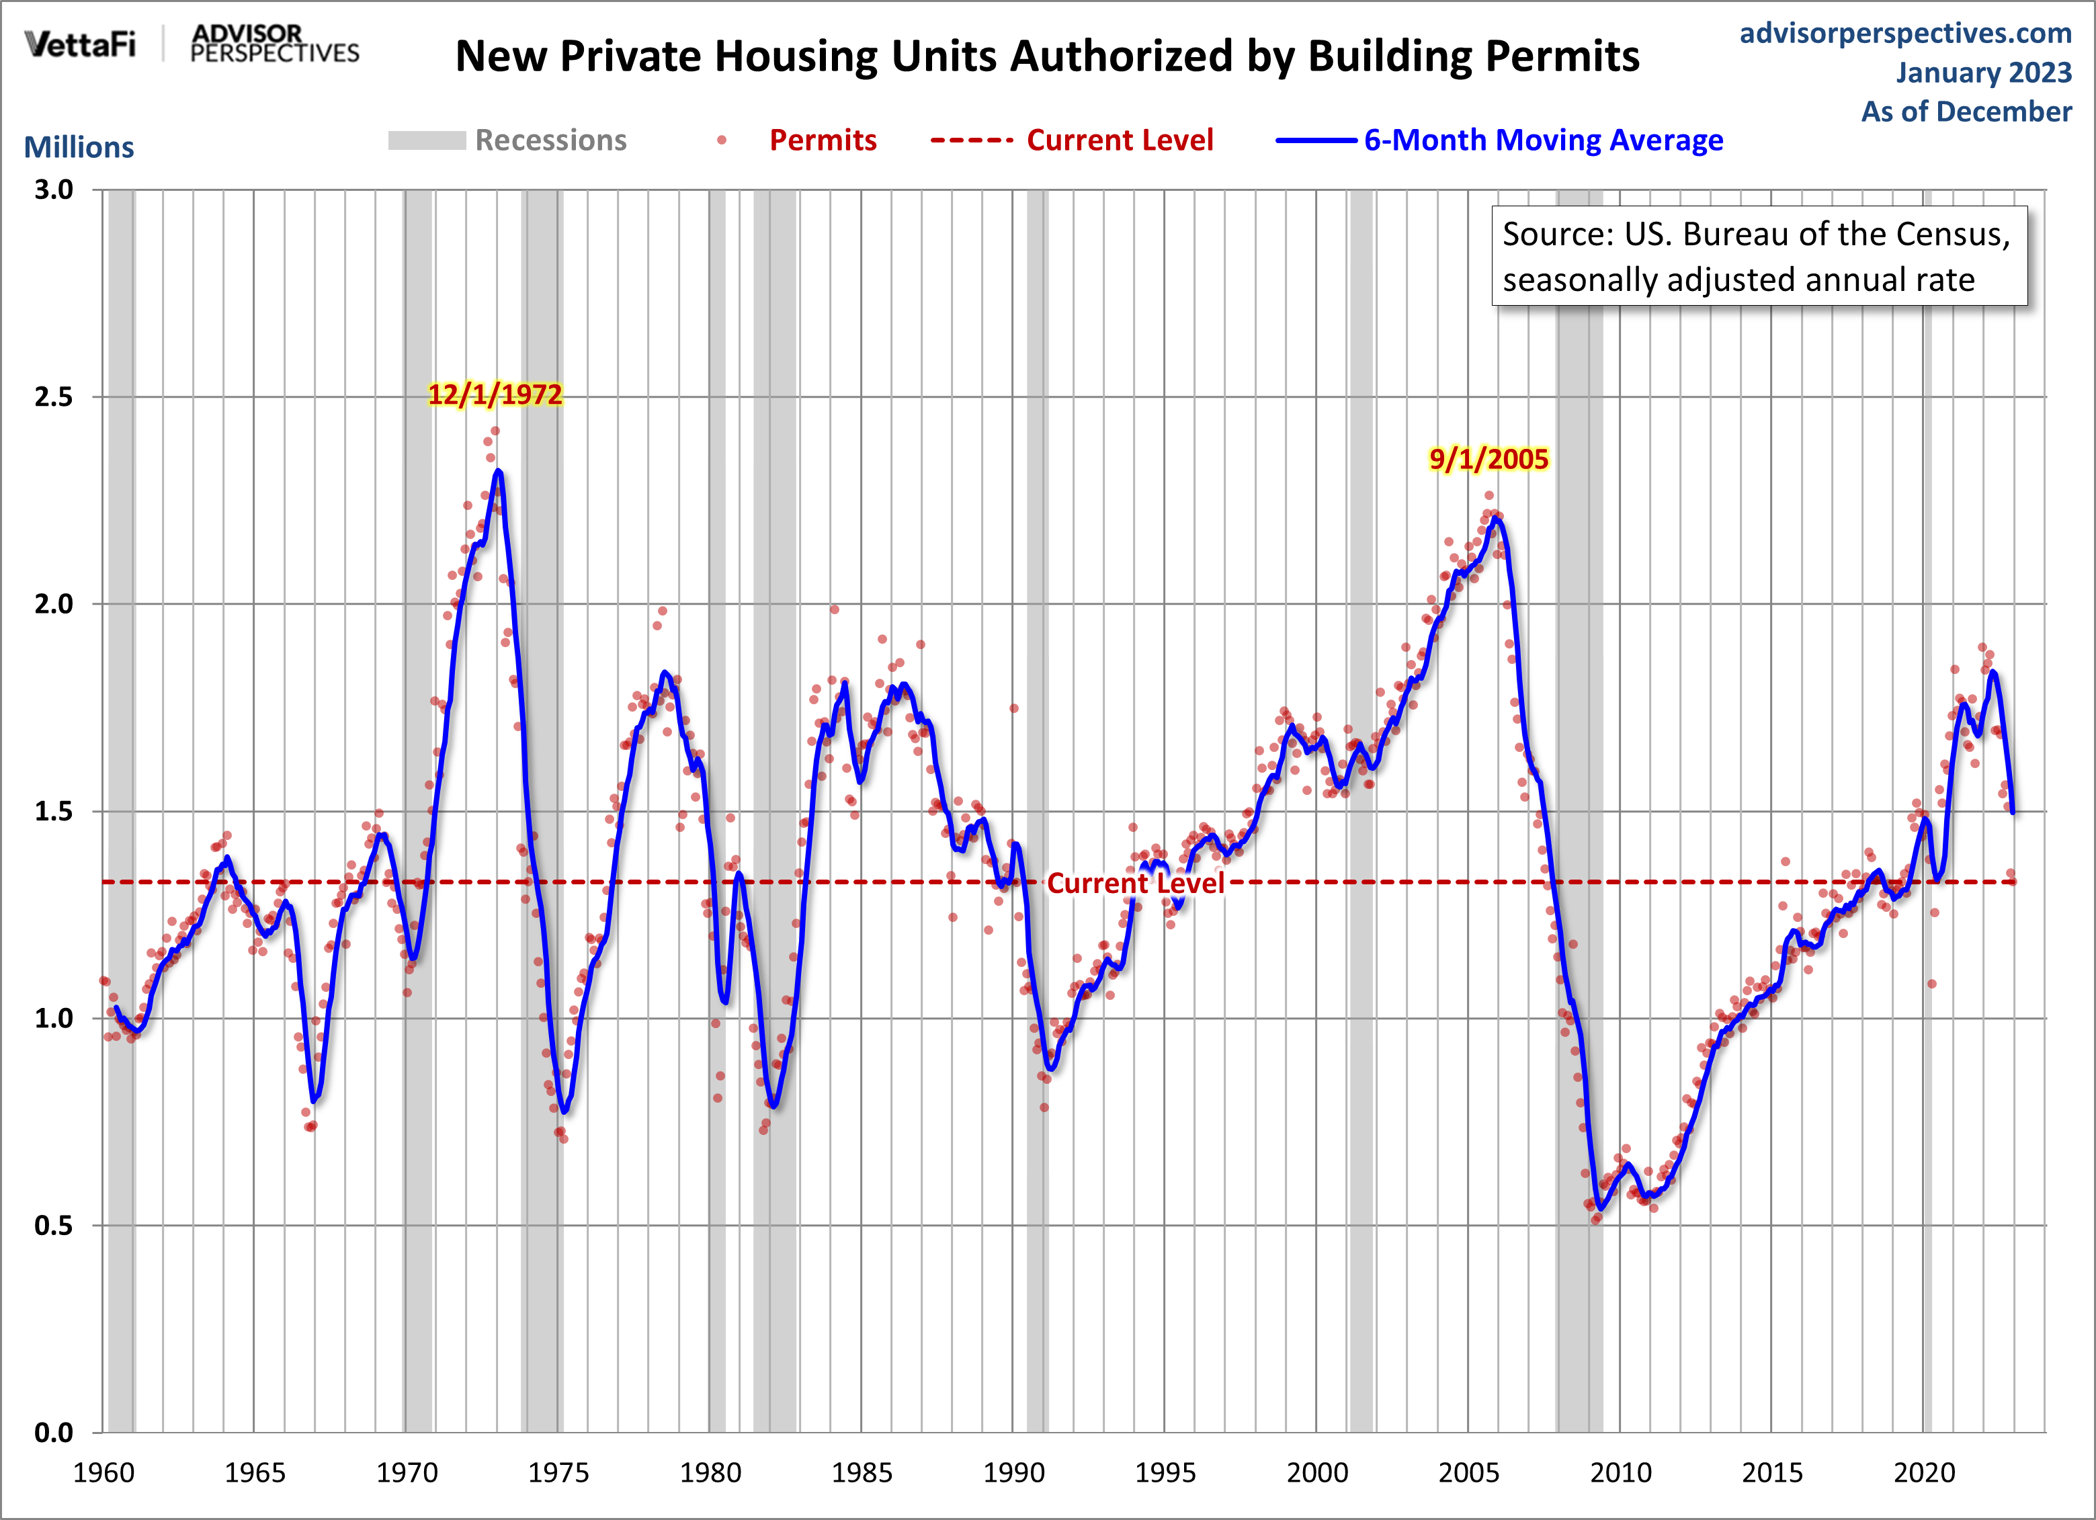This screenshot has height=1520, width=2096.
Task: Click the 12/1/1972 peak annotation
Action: click(495, 394)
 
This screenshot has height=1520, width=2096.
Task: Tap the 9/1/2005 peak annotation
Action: click(1488, 459)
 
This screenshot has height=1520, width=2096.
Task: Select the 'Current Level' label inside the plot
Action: click(1135, 884)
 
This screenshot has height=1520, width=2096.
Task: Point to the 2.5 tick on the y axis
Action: click(54, 397)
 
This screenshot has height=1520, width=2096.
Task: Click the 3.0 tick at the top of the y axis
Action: click(54, 190)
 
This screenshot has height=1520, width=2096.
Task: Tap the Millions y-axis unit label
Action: click(79, 147)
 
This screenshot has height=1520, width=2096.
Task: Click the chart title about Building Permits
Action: click(1047, 56)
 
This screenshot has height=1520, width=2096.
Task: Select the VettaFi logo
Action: click(81, 44)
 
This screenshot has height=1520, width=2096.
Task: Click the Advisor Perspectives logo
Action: click(274, 44)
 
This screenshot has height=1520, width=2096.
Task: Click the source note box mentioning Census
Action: click(1759, 256)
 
